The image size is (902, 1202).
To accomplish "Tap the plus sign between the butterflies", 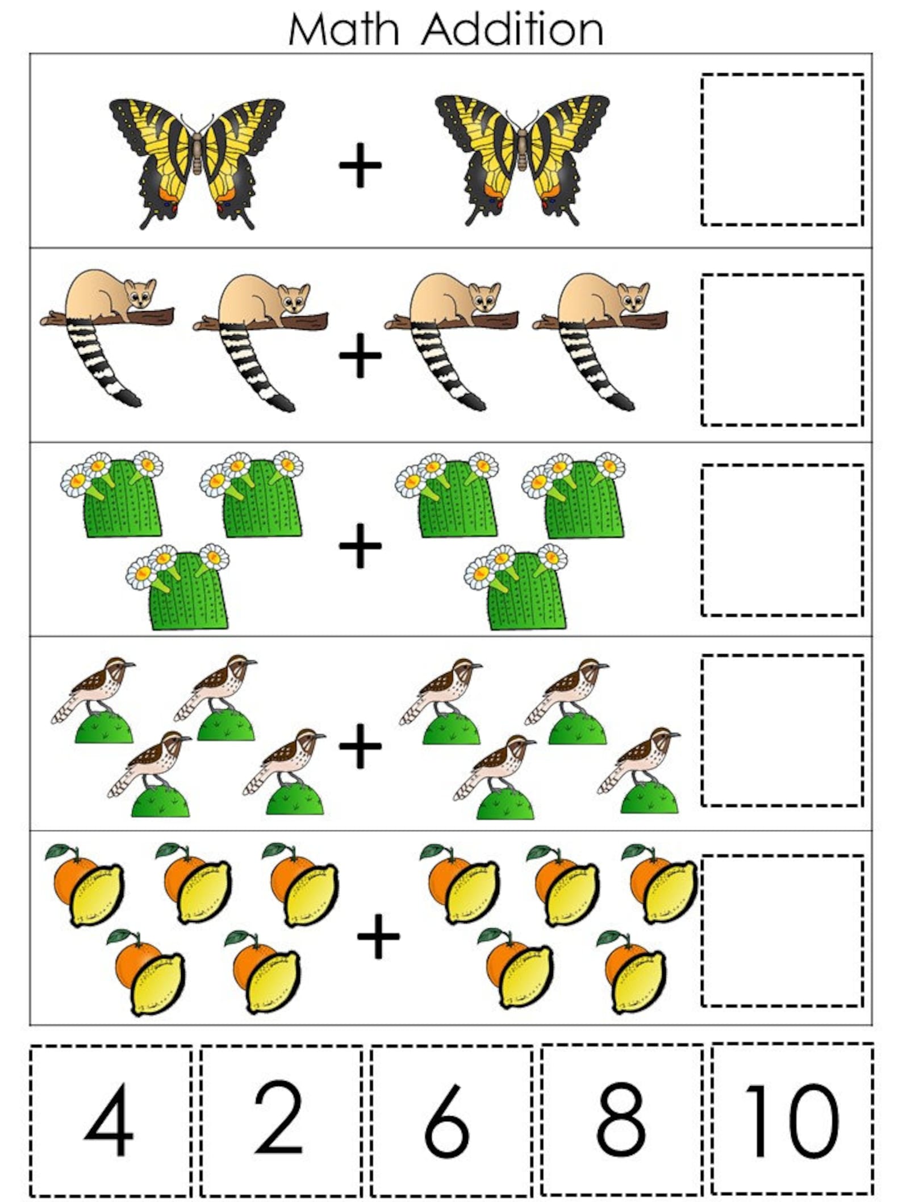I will tap(360, 165).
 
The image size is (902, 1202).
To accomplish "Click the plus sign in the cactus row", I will tap(360, 546).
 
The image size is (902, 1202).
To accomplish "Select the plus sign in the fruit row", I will tap(378, 936).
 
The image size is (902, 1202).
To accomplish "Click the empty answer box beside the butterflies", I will tap(782, 149).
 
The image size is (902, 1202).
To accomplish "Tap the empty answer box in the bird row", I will tap(782, 730).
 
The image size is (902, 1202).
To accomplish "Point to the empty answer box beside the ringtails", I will tap(782, 350).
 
